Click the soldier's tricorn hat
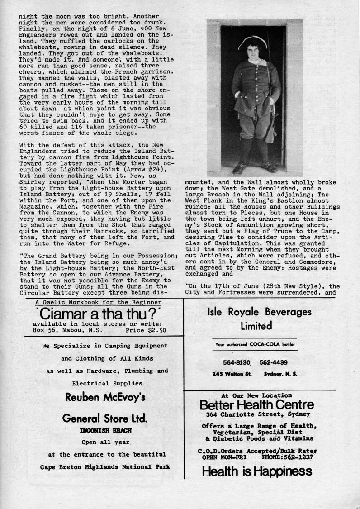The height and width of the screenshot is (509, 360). [254, 43]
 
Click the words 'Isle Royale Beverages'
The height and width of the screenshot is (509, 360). [260, 312]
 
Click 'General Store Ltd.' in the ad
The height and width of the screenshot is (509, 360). [105, 419]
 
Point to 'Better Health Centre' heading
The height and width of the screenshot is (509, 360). [256, 404]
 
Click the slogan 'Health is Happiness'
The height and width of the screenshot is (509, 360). [257, 472]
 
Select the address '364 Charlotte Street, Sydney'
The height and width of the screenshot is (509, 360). [258, 414]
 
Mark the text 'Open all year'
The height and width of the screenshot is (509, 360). [105, 442]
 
